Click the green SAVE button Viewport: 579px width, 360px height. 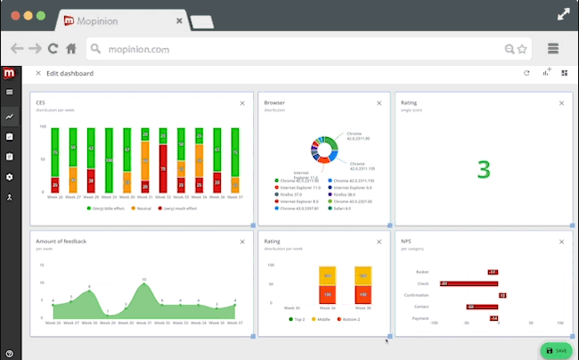555,350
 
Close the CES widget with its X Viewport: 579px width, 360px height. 242,103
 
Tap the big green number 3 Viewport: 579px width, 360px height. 484,169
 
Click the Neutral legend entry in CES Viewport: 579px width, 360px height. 139,209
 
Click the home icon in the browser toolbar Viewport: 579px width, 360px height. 70,49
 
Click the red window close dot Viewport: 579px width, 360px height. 14,16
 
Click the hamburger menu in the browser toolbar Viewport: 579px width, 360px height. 552,49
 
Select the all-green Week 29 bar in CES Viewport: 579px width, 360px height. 108,160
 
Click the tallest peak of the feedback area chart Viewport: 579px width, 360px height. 144,282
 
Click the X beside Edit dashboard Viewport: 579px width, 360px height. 37,73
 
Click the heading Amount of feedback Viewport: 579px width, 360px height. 61,241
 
